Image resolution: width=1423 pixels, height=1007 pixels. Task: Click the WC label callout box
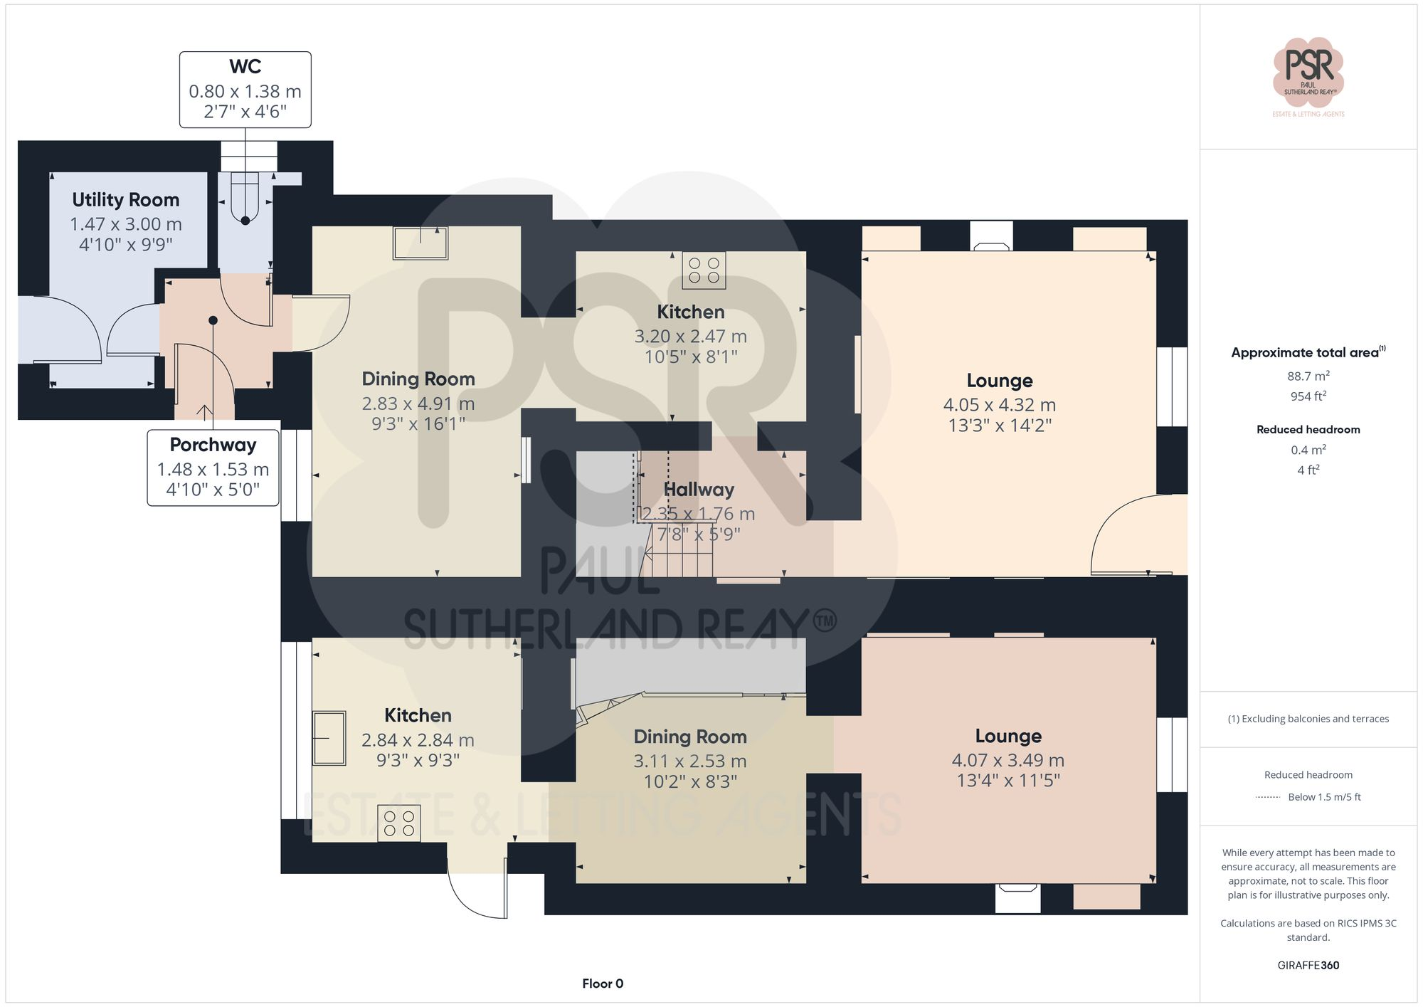coord(245,90)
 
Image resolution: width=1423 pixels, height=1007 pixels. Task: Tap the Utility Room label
coord(125,200)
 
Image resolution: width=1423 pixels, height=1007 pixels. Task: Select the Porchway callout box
coord(213,468)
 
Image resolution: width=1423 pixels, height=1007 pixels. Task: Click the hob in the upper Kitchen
coord(704,270)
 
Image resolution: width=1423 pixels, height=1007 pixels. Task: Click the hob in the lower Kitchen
coord(398,823)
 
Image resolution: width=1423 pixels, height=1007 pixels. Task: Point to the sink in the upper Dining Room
coord(420,243)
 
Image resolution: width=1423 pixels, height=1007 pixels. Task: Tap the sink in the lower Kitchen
coord(329,738)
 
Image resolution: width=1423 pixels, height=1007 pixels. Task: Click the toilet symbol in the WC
coord(245,199)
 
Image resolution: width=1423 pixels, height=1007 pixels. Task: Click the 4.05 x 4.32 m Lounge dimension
coord(999,405)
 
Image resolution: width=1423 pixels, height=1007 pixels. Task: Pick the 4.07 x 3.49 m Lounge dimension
coord(1007,760)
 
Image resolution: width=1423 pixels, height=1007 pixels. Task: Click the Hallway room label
coord(698,490)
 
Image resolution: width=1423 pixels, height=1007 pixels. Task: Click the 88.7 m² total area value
coord(1308,376)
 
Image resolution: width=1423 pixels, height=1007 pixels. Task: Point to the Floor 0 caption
coord(603,984)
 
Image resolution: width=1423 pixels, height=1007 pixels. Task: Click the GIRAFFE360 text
coord(1308,965)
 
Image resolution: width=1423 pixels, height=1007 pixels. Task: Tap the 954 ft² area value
coord(1308,396)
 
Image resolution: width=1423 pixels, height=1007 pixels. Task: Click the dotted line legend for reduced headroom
coord(1268,797)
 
